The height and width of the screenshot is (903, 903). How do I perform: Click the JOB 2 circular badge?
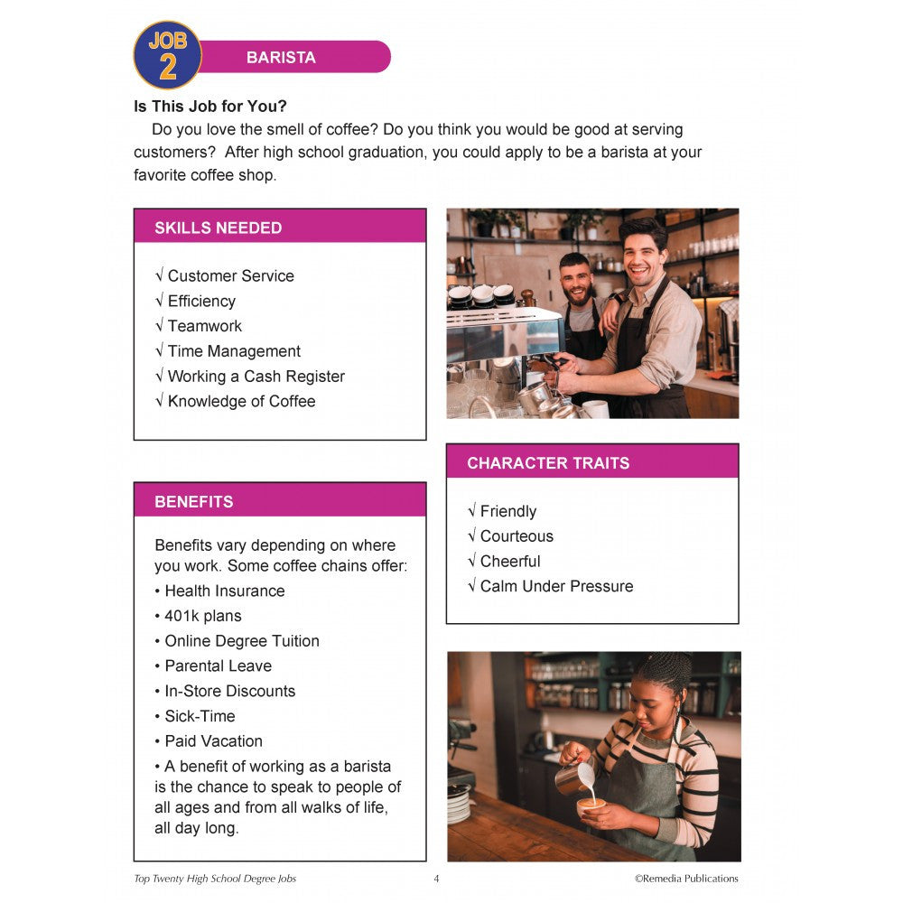click(x=167, y=55)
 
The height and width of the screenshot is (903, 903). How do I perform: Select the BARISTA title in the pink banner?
click(x=281, y=58)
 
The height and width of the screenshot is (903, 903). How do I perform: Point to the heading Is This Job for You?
click(x=210, y=107)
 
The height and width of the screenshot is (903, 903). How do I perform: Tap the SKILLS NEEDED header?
click(x=219, y=228)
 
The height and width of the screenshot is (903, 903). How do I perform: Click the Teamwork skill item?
click(x=205, y=326)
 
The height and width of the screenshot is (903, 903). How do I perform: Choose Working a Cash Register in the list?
click(x=256, y=377)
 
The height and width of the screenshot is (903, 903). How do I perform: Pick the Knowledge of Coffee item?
click(x=241, y=401)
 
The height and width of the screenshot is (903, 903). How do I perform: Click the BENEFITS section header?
click(x=194, y=501)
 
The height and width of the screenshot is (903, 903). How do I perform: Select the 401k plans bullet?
click(x=203, y=616)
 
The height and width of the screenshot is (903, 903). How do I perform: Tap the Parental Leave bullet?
click(x=218, y=666)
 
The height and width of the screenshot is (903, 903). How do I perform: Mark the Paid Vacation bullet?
click(x=213, y=740)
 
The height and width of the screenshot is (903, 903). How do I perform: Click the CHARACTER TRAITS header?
click(x=548, y=463)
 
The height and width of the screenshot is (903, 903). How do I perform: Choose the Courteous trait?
click(x=517, y=536)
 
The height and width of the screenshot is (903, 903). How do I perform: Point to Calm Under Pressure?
click(x=556, y=586)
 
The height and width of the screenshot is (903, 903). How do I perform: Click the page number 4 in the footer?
click(x=436, y=879)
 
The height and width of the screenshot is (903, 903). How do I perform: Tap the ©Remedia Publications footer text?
click(x=685, y=879)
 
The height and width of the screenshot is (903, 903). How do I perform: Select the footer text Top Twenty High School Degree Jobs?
click(x=215, y=879)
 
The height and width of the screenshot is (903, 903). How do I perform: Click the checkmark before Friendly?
click(x=472, y=511)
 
